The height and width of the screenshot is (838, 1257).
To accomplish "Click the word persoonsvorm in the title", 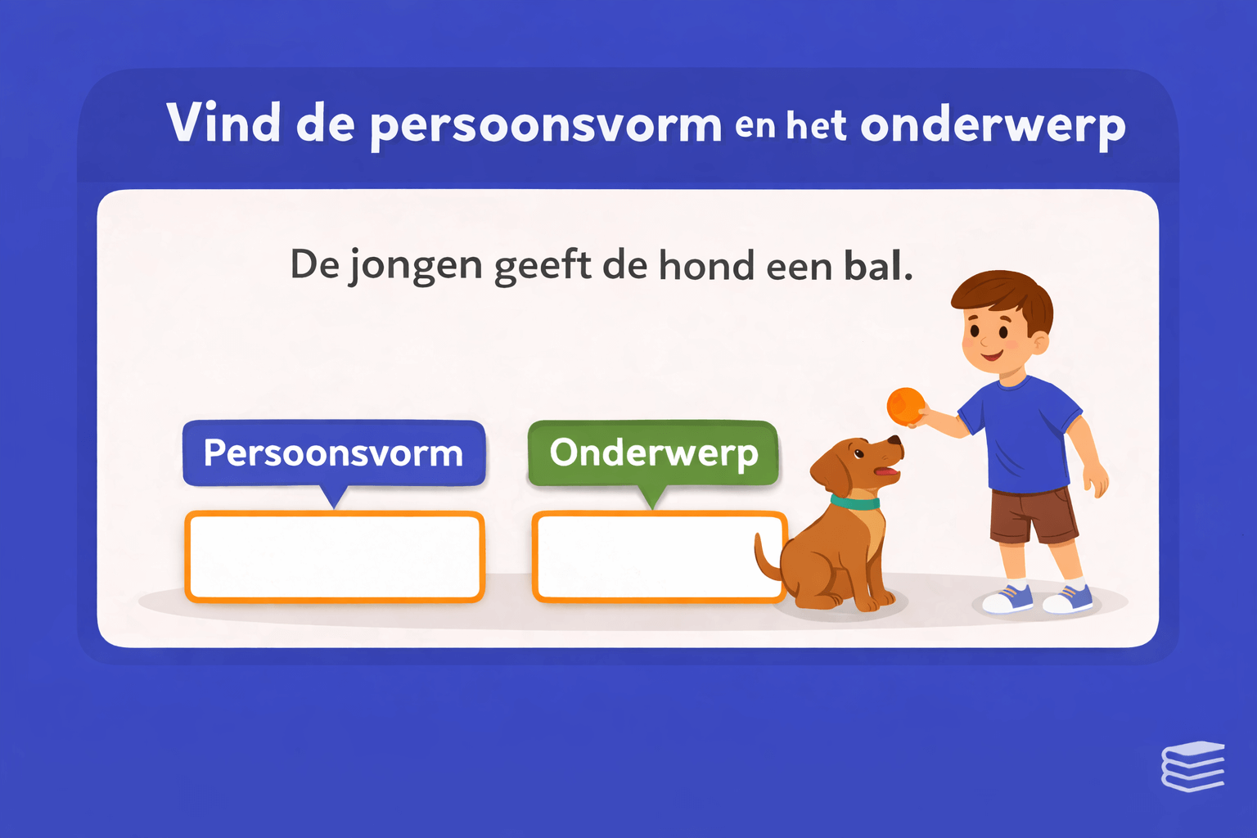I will [x=546, y=125].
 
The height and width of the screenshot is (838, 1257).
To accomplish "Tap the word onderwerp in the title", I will [x=993, y=125].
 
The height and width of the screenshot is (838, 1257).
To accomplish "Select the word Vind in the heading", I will [x=223, y=123].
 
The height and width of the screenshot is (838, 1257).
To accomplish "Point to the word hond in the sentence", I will [x=706, y=265].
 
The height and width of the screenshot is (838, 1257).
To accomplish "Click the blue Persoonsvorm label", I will [x=334, y=453].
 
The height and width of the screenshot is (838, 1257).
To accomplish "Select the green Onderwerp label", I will [x=653, y=453].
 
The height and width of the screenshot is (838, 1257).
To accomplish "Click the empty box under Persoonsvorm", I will [x=335, y=556].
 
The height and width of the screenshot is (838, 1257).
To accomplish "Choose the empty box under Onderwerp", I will [x=647, y=556].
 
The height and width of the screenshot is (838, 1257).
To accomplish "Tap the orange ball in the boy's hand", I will [x=906, y=406].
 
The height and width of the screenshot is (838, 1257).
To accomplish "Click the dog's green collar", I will [x=856, y=502].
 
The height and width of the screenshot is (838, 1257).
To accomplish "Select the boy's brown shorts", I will [x=1034, y=515].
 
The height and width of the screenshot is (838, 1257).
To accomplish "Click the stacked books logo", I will [x=1192, y=766].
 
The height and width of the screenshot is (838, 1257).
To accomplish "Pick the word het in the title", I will [x=817, y=126].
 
